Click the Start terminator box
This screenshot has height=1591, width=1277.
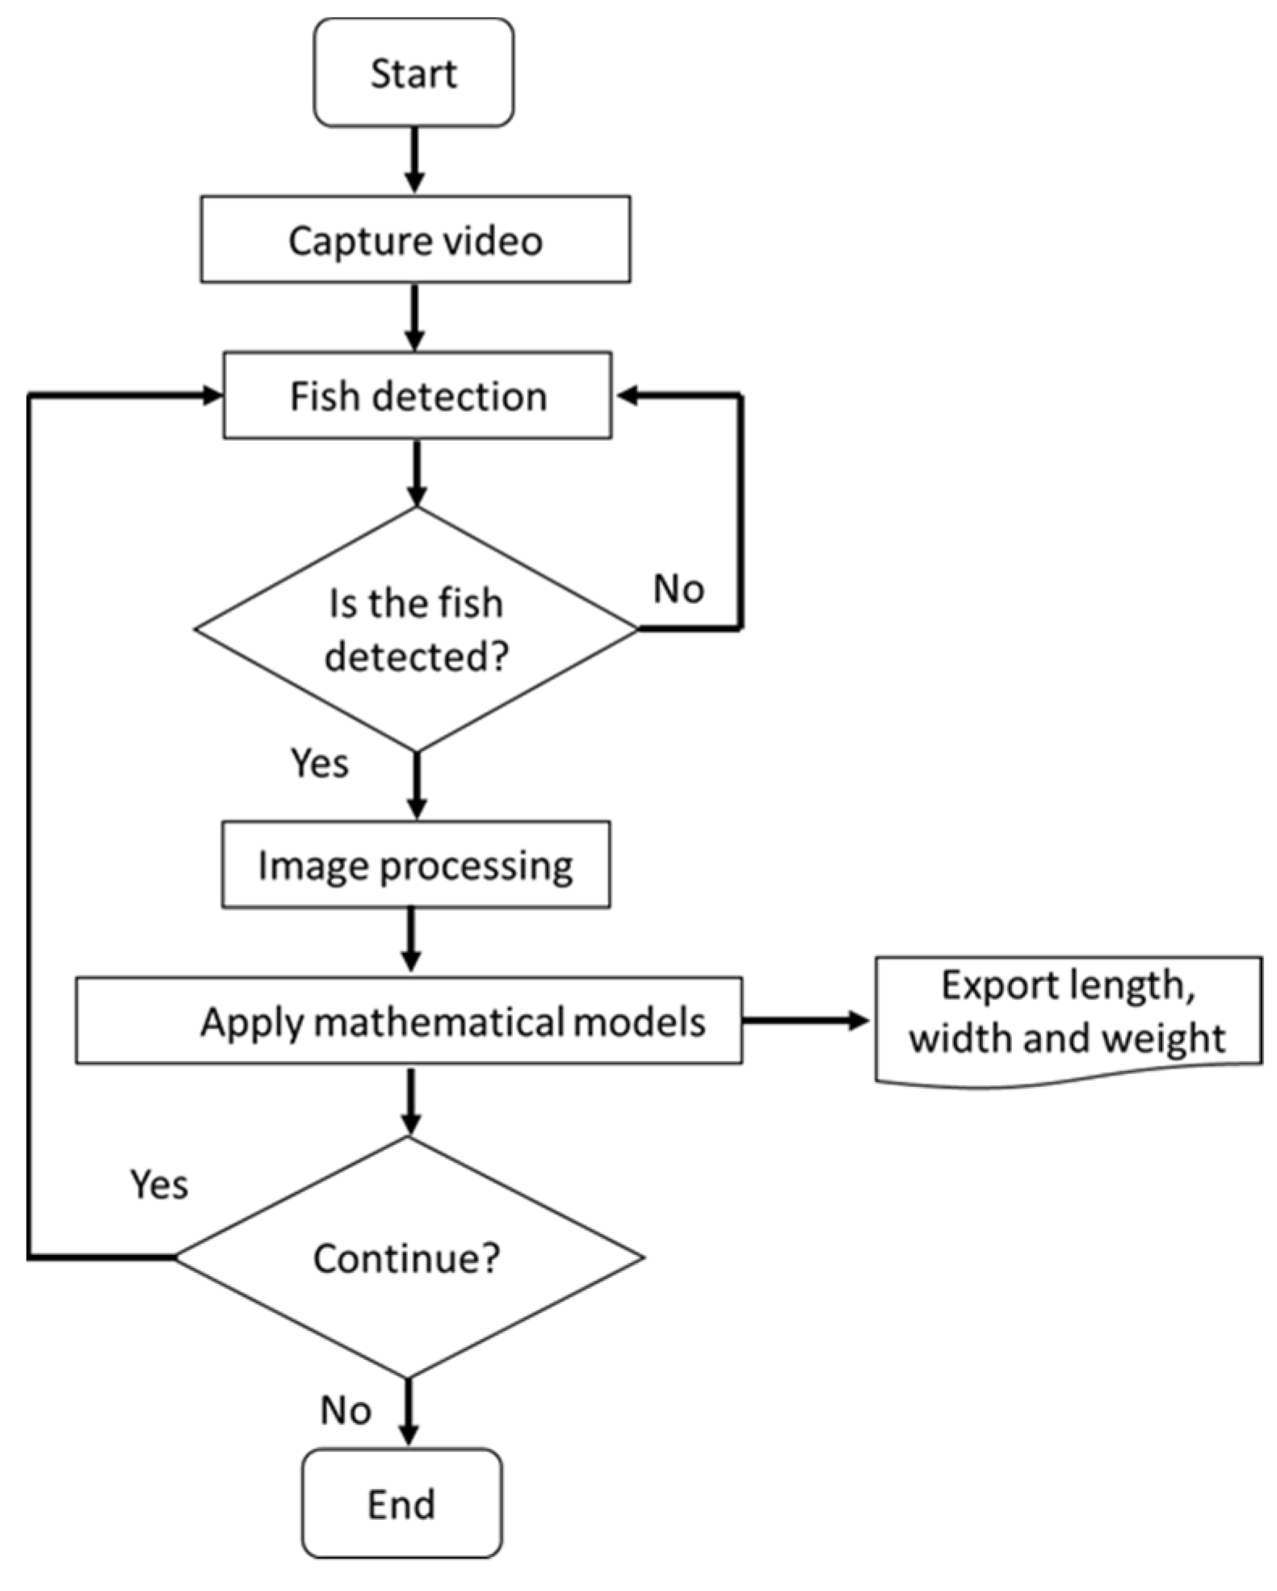click(x=414, y=73)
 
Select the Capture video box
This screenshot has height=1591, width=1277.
click(x=415, y=239)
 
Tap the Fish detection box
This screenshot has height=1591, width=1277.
click(x=417, y=395)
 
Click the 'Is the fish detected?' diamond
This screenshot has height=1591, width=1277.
click(x=416, y=628)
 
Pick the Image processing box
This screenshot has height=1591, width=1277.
click(x=416, y=864)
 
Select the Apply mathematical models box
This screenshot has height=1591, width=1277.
click(x=409, y=1020)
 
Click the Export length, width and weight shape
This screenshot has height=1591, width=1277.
click(x=1069, y=1019)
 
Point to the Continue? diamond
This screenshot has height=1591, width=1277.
click(x=409, y=1257)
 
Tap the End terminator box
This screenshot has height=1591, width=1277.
click(x=402, y=1503)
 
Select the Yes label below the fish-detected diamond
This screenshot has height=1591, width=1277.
click(x=320, y=763)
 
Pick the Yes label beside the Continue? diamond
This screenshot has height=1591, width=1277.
click(x=159, y=1185)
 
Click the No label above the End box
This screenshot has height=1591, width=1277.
click(x=346, y=1410)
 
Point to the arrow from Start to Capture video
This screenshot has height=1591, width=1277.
click(x=414, y=160)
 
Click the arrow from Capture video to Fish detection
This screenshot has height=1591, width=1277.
click(x=414, y=317)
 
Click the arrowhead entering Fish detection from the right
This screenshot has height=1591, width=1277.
click(x=628, y=395)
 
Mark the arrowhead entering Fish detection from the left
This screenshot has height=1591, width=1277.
click(x=212, y=395)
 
